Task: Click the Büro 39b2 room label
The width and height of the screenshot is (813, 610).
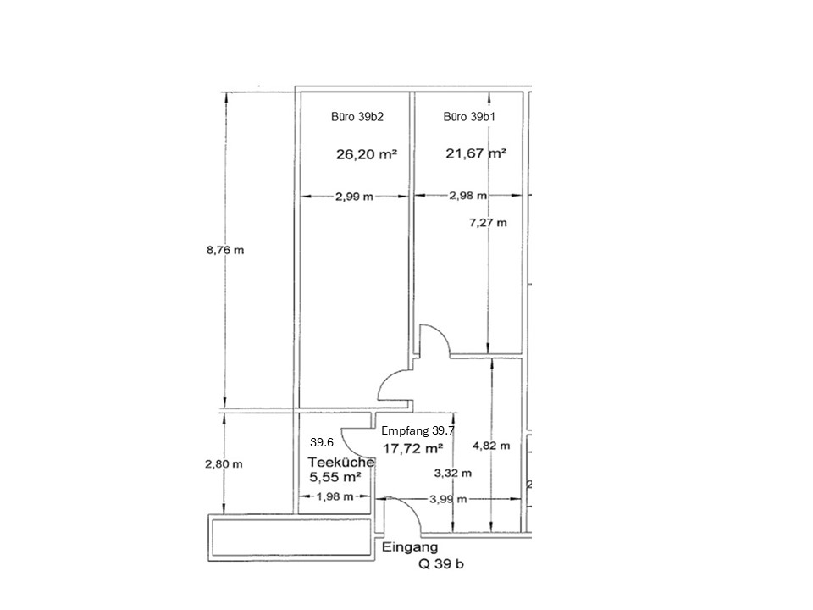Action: [x=357, y=117]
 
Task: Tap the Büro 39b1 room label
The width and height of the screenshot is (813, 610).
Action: [x=469, y=117]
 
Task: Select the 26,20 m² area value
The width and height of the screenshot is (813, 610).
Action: [x=367, y=154]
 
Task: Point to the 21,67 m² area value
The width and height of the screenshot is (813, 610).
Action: [x=476, y=153]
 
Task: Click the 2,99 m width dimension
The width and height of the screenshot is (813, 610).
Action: [x=354, y=197]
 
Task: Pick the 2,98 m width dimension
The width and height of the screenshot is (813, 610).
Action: [x=467, y=196]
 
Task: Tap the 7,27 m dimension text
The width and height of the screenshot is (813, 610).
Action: [x=488, y=223]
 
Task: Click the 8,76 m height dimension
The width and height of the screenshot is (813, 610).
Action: [x=225, y=250]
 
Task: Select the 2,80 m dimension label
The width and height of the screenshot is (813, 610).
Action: [x=224, y=463]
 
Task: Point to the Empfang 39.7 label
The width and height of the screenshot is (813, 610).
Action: [x=418, y=430]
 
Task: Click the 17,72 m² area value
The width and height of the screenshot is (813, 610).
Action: [x=412, y=449]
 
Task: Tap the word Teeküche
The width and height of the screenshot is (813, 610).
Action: [x=341, y=462]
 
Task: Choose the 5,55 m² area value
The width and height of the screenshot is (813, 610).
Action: [x=335, y=476]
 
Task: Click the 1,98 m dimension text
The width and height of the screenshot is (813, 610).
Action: [x=335, y=496]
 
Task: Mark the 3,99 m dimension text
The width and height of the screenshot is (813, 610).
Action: [x=448, y=499]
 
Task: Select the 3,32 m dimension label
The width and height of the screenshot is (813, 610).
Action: [x=452, y=473]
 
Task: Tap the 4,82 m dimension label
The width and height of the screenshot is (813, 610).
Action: [x=491, y=446]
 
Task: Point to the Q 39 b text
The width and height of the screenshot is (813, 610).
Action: [x=441, y=564]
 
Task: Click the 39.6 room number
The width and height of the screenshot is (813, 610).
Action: [x=322, y=442]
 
